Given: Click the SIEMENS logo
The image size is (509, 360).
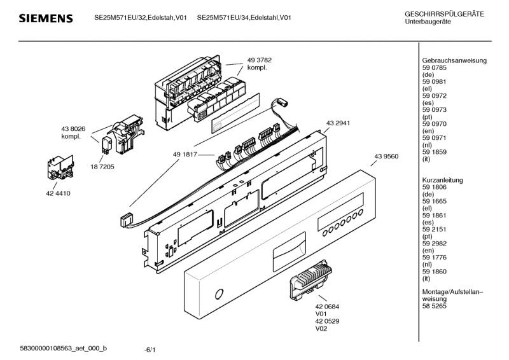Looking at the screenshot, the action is [x=46, y=18].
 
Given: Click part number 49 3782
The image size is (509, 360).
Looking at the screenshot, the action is [x=260, y=60].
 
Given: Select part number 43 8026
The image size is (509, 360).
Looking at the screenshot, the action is [x=73, y=129].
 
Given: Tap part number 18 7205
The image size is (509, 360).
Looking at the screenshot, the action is [x=102, y=167].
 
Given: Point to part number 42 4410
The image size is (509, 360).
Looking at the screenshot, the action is [x=58, y=193].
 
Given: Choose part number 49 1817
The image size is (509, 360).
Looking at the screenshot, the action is [x=185, y=155].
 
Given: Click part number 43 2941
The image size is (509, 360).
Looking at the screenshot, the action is [x=338, y=123].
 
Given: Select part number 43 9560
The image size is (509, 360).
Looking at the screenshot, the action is [x=386, y=156].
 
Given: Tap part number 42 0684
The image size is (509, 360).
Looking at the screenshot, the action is [x=327, y=307].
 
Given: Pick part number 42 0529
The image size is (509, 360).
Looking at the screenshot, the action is [x=327, y=321].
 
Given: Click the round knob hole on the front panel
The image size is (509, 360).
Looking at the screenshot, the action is [x=220, y=294].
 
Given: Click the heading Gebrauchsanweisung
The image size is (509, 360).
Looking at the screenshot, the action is [x=454, y=60].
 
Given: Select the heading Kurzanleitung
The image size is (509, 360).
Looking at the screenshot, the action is [x=442, y=180].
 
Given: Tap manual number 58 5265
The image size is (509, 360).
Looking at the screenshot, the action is [x=435, y=306].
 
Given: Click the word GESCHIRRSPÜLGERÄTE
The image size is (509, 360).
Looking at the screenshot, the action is [x=444, y=14].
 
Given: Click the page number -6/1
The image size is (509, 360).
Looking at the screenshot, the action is [x=150, y=350].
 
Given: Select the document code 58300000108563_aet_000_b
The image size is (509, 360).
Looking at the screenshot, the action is [x=63, y=349].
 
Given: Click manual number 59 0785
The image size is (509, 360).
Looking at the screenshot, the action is [x=435, y=68].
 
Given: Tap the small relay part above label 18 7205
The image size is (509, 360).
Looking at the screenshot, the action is [x=107, y=145].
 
